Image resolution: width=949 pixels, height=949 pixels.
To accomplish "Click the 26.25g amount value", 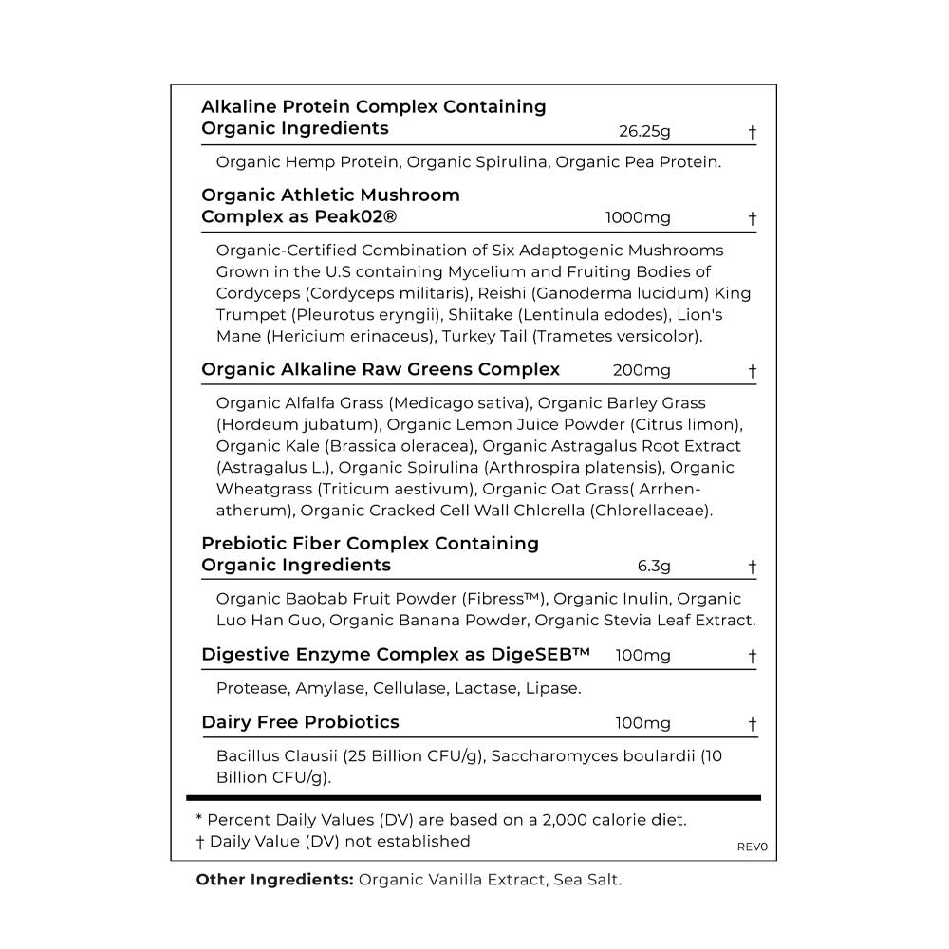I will coord(644,131).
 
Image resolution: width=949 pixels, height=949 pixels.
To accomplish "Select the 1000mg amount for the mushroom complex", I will coord(638,217).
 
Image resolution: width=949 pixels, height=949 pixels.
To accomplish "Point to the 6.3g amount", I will coord(654,567).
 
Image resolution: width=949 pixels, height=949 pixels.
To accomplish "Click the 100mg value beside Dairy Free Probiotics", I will coord(642,723).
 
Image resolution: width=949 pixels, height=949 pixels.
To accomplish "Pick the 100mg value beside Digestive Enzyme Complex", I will coord(642,656).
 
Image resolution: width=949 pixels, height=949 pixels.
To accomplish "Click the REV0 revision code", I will coord(752,847).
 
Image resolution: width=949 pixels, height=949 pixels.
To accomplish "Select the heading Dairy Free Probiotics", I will coord(300,722).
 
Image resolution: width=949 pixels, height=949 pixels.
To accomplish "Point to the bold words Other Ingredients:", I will coord(274,880).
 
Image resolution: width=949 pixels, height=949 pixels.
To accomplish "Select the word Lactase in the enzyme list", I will coord(485,688).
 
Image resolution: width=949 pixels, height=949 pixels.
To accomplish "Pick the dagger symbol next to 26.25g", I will coord(752,132).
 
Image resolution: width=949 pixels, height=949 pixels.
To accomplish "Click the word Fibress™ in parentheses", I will coord(504,599).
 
